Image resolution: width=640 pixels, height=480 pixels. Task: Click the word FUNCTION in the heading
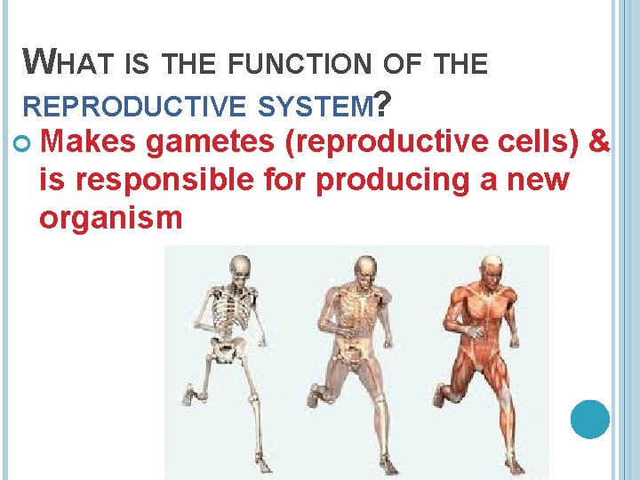289,64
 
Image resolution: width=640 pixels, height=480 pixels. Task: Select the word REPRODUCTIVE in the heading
133,106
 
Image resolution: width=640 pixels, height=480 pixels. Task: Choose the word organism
110,217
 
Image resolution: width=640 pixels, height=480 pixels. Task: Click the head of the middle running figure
364,269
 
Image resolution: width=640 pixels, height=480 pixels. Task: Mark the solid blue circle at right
589,418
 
